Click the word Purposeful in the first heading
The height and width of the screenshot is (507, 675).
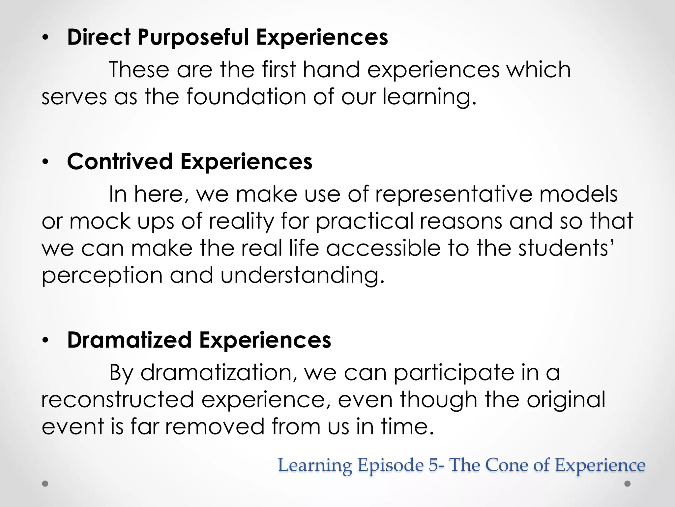click(193, 37)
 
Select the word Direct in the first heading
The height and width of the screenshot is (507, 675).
click(99, 37)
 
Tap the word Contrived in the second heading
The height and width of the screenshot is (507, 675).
click(120, 162)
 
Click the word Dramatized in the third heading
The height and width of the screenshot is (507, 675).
click(129, 340)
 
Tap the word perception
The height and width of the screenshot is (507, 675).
click(102, 276)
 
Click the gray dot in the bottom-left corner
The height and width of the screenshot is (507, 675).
click(45, 484)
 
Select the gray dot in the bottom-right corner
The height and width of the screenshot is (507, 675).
click(628, 484)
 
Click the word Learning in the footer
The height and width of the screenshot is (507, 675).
click(315, 465)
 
